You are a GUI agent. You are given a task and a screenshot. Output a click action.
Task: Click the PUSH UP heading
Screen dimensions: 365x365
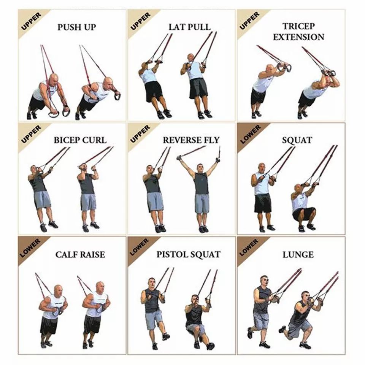76,27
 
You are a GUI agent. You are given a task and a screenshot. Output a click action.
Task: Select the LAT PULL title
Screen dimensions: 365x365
189,27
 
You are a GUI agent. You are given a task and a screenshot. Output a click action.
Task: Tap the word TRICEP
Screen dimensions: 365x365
299,26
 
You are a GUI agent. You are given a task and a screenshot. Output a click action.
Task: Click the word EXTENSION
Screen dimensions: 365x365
298,37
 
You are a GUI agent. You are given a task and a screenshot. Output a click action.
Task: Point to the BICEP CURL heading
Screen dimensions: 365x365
80,140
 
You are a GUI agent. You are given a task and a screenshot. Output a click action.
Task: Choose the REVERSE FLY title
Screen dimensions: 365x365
191,140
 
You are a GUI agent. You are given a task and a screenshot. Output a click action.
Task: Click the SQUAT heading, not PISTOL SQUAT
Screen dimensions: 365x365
297,140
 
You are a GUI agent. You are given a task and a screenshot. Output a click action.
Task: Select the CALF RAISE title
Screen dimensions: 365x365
80,255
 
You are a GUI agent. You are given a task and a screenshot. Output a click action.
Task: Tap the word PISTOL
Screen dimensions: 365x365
171,254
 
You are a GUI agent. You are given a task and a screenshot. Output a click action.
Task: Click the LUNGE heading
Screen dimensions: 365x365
298,255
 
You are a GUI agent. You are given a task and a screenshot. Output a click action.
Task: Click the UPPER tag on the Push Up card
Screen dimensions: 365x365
31,22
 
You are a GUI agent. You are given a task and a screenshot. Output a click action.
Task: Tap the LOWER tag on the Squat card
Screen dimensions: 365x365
251,134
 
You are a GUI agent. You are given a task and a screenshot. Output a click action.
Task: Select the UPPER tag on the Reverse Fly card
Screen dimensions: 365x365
140,134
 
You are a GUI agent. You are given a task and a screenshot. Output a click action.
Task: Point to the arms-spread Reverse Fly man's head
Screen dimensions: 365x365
200,168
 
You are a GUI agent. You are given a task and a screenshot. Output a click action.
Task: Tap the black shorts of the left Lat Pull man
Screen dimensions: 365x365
153,92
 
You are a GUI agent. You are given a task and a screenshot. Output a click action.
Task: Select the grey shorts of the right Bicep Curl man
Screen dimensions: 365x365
89,202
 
